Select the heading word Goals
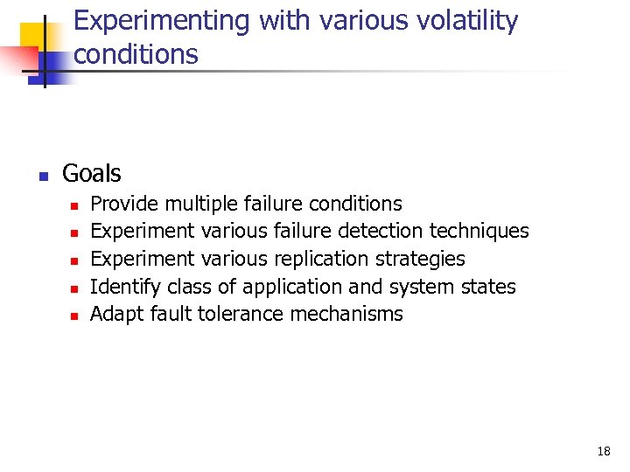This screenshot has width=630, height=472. (92, 173)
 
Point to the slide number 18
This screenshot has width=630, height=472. (604, 452)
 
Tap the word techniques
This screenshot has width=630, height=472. (479, 231)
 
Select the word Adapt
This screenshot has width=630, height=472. (114, 314)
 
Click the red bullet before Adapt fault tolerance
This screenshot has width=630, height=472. (74, 316)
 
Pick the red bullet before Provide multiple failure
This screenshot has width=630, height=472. (74, 205)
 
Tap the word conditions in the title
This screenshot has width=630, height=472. (136, 54)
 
